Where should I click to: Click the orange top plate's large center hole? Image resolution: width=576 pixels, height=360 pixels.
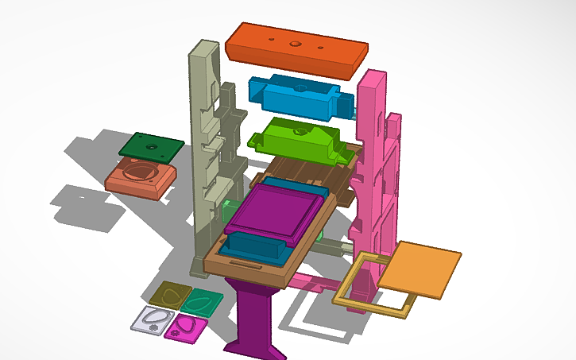click(x=294, y=44)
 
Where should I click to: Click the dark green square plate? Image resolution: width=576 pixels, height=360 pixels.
click(x=151, y=145)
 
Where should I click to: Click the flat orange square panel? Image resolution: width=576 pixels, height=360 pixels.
click(x=419, y=269)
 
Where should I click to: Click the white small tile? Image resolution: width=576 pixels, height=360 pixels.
click(x=153, y=319)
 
